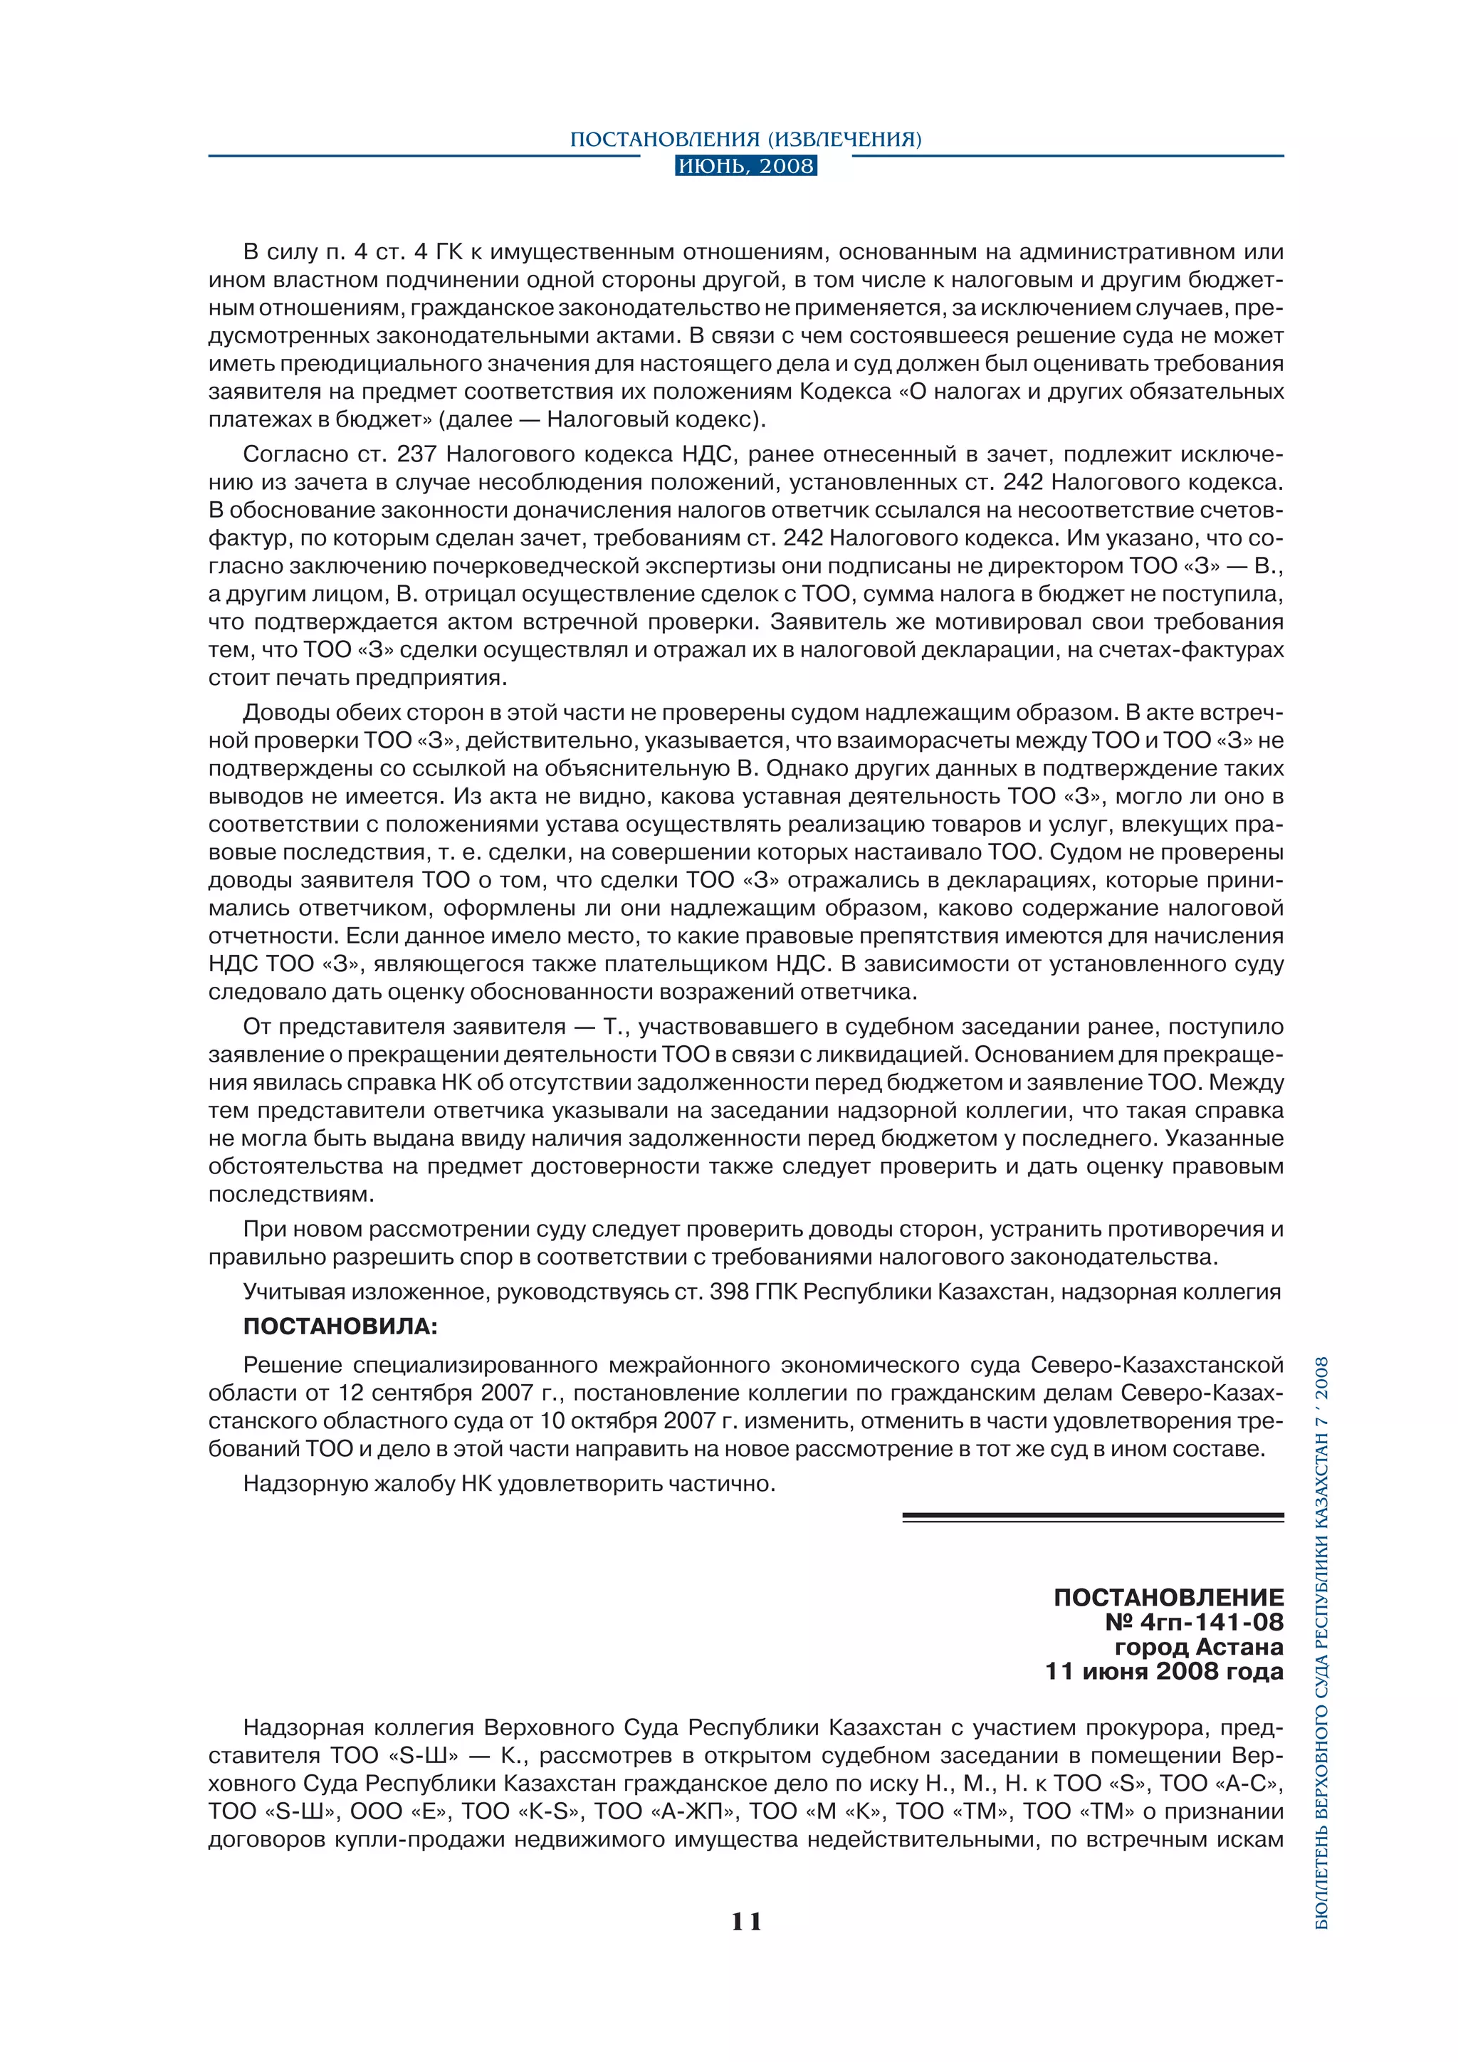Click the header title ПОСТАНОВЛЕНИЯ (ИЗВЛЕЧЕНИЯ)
click(746, 140)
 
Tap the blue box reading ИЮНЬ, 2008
click(746, 166)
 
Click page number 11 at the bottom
click(746, 1921)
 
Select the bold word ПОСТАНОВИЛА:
click(340, 1326)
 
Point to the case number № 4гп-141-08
click(1194, 1621)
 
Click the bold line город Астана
click(1199, 1646)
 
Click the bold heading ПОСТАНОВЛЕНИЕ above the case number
click(1168, 1597)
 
